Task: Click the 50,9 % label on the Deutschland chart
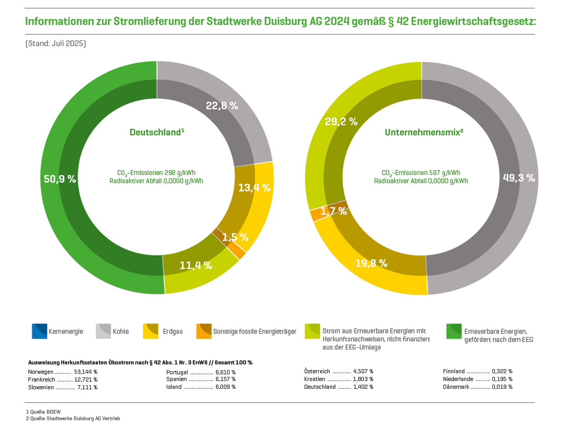(60, 179)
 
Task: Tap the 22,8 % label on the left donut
(222, 106)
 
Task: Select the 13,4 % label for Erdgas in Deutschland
(254, 188)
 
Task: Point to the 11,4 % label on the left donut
(195, 266)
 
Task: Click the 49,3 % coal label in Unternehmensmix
(519, 178)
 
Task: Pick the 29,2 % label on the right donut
(341, 122)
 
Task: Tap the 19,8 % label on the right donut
(371, 263)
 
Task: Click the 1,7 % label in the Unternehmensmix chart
(333, 211)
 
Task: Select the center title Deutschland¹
(157, 132)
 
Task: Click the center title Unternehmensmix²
(424, 132)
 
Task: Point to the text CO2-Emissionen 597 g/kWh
(421, 173)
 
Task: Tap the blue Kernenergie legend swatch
(39, 331)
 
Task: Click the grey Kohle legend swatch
(104, 331)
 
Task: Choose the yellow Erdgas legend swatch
(150, 331)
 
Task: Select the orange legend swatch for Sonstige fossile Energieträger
(204, 331)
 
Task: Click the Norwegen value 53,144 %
(86, 372)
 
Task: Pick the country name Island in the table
(175, 387)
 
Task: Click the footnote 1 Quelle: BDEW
(43, 412)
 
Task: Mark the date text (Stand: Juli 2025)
(55, 43)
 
